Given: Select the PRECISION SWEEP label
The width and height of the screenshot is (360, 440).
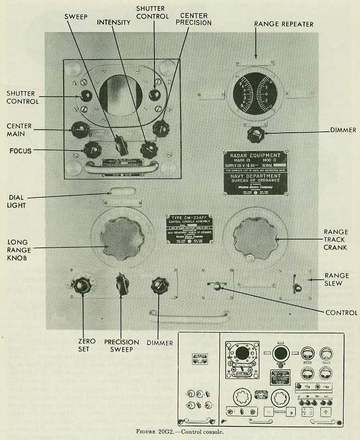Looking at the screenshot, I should click(121, 347).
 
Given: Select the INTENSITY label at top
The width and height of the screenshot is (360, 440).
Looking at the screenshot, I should click(114, 23).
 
